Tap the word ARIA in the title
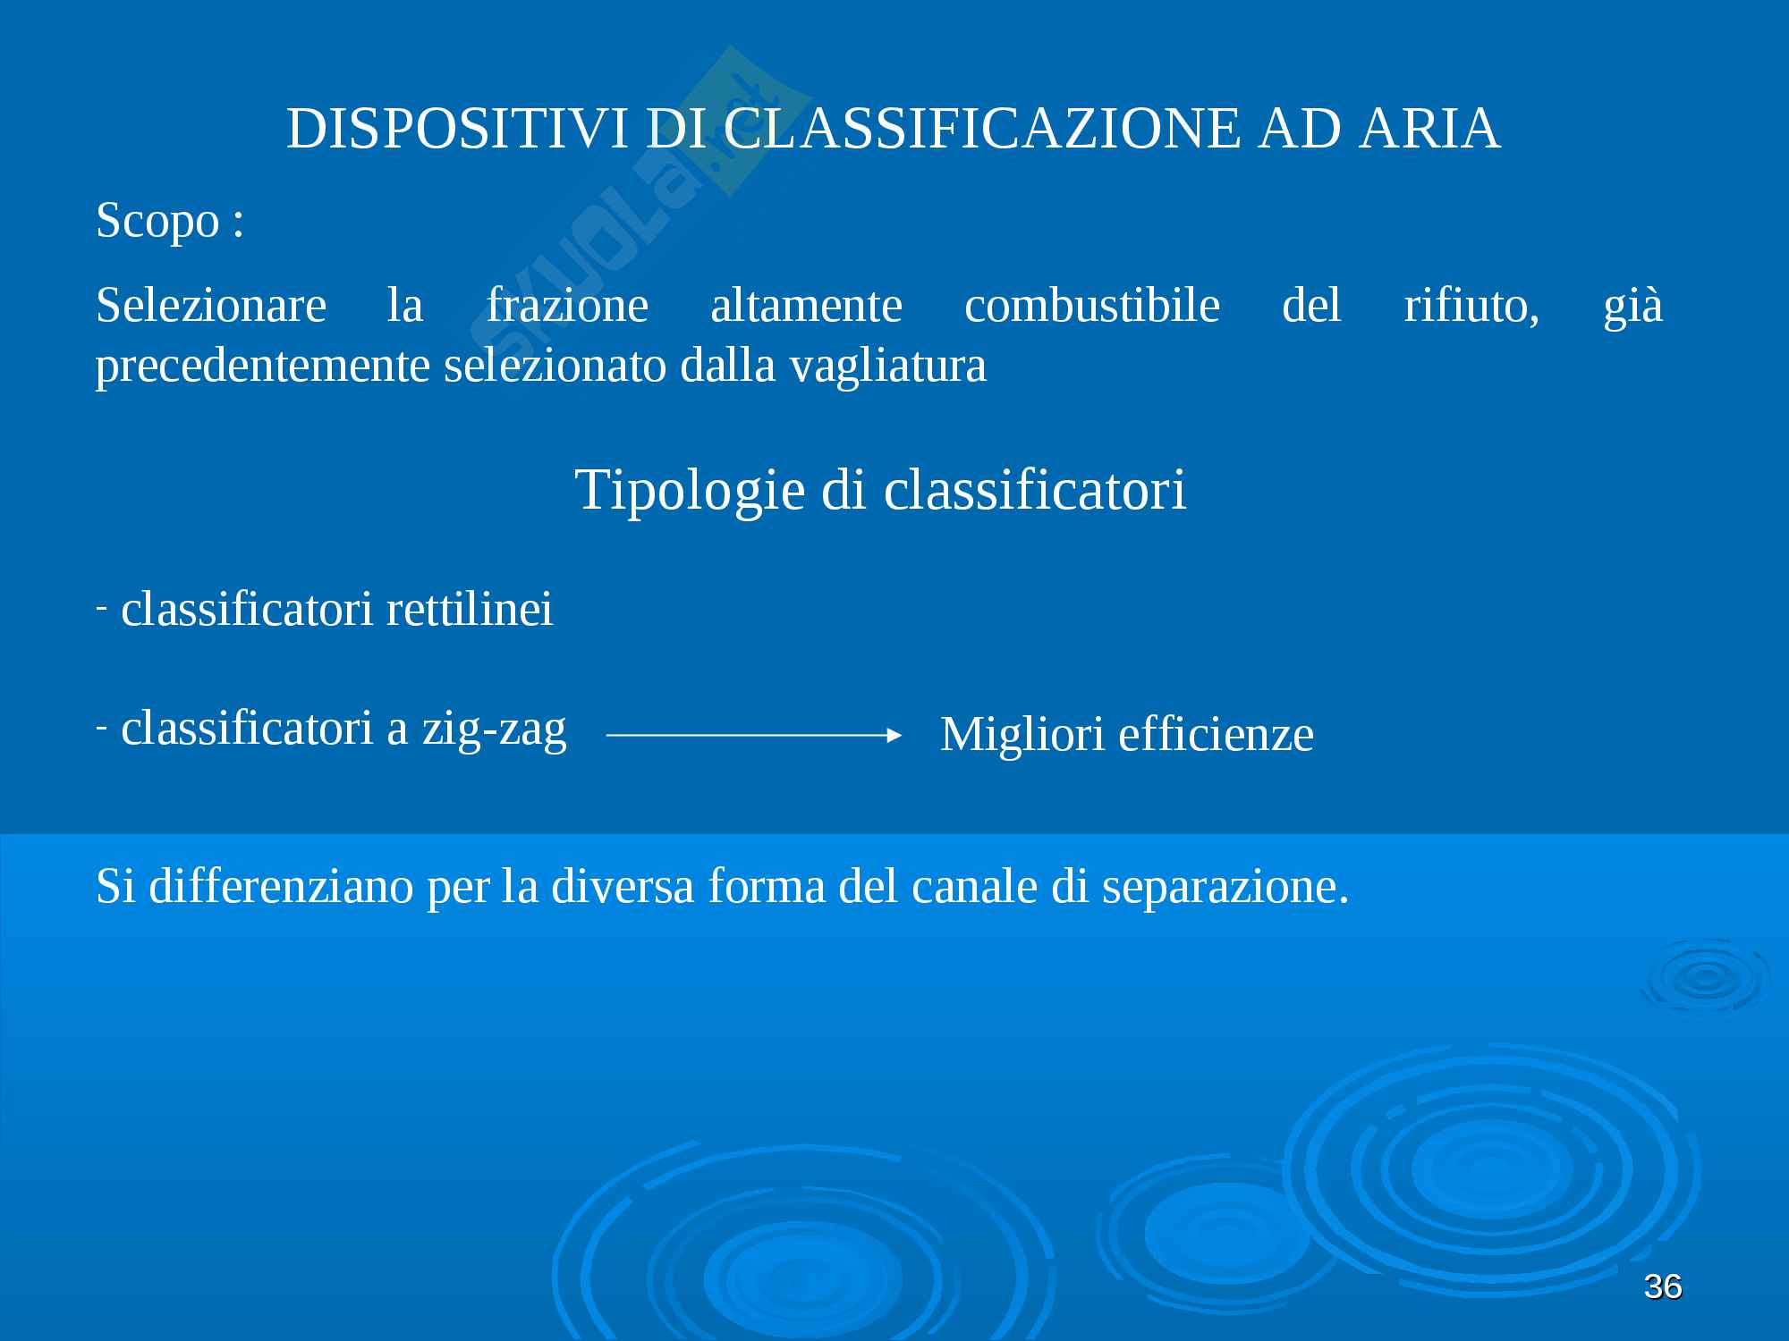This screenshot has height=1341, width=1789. click(x=1429, y=128)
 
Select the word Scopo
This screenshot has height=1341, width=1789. click(x=157, y=220)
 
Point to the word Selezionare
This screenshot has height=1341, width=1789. click(x=211, y=305)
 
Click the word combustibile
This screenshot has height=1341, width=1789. click(x=1092, y=305)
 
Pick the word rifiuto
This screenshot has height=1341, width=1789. click(x=1471, y=306)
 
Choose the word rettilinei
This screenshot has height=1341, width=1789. click(x=470, y=609)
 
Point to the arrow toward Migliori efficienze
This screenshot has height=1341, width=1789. click(x=754, y=735)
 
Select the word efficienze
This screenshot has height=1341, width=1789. click(x=1216, y=735)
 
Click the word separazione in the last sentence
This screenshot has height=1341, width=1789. click(x=1225, y=888)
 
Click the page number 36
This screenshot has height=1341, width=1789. click(x=1663, y=1286)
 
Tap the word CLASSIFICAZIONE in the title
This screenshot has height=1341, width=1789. click(x=982, y=128)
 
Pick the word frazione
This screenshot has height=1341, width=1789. click(x=567, y=305)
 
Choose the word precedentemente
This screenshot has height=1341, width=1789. click(x=263, y=367)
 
